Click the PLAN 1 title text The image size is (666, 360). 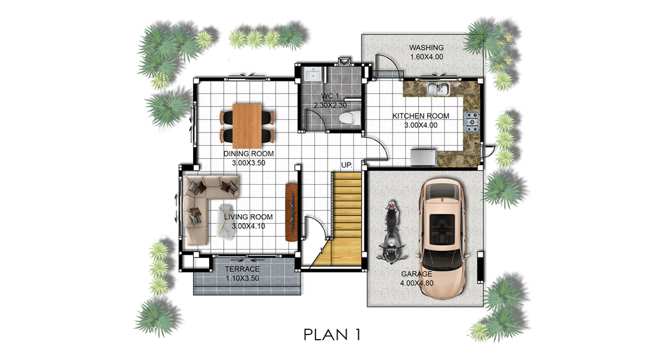click(332, 335)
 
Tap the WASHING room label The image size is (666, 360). click(426, 48)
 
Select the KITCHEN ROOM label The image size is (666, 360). click(421, 116)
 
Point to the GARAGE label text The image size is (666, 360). click(417, 274)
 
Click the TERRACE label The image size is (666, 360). click(242, 269)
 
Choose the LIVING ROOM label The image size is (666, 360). click(249, 217)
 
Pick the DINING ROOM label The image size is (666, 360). click(249, 154)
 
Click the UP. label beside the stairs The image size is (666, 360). click(347, 165)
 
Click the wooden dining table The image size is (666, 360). click(247, 126)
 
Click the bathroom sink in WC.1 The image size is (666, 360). click(314, 74)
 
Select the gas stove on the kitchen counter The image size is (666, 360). click(472, 121)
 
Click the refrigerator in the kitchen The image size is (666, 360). click(423, 157)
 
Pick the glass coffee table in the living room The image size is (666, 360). click(226, 220)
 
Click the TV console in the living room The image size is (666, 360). click(291, 212)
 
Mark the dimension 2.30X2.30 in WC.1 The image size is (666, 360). click(330, 105)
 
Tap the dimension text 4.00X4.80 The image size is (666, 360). click(417, 284)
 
